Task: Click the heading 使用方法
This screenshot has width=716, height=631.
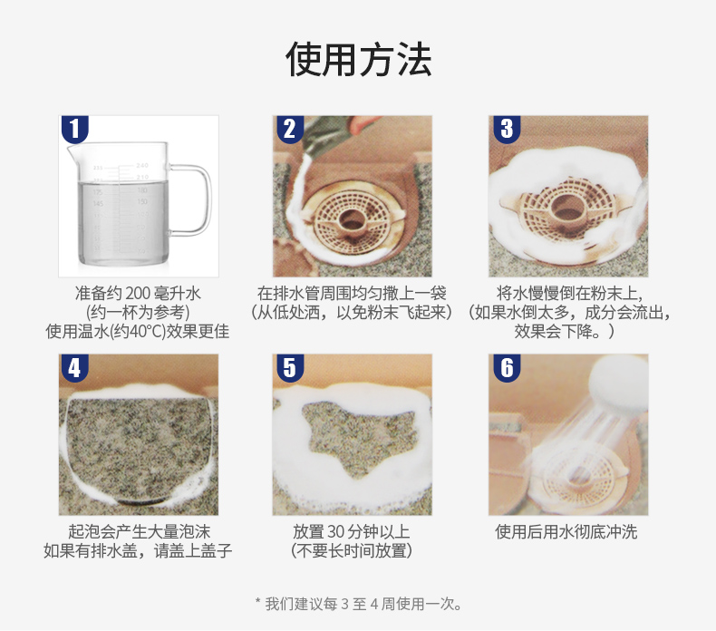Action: [x=359, y=60]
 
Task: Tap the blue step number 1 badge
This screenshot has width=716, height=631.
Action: [x=74, y=129]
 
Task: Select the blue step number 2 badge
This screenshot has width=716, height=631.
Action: [x=290, y=129]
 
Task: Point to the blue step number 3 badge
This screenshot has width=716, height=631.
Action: [x=507, y=129]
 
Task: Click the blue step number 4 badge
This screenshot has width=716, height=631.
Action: [x=74, y=367]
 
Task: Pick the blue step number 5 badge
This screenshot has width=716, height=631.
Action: [x=290, y=367]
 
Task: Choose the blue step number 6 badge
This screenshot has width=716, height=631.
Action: [x=507, y=367]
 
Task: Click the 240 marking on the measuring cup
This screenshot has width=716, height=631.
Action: [x=142, y=165]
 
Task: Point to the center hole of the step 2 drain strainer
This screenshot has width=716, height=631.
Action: [x=351, y=219]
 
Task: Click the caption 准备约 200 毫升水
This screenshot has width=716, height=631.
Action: [x=138, y=294]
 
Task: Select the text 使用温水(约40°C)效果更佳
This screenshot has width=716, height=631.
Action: [x=138, y=331]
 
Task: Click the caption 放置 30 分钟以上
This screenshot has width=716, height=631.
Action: [x=352, y=531]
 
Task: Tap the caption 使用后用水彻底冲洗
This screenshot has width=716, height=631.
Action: [x=566, y=532]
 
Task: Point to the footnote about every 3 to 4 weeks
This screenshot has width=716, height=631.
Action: [x=359, y=604]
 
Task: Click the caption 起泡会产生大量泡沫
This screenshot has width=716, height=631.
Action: [x=140, y=531]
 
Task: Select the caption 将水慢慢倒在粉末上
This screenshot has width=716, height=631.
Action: [x=569, y=294]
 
